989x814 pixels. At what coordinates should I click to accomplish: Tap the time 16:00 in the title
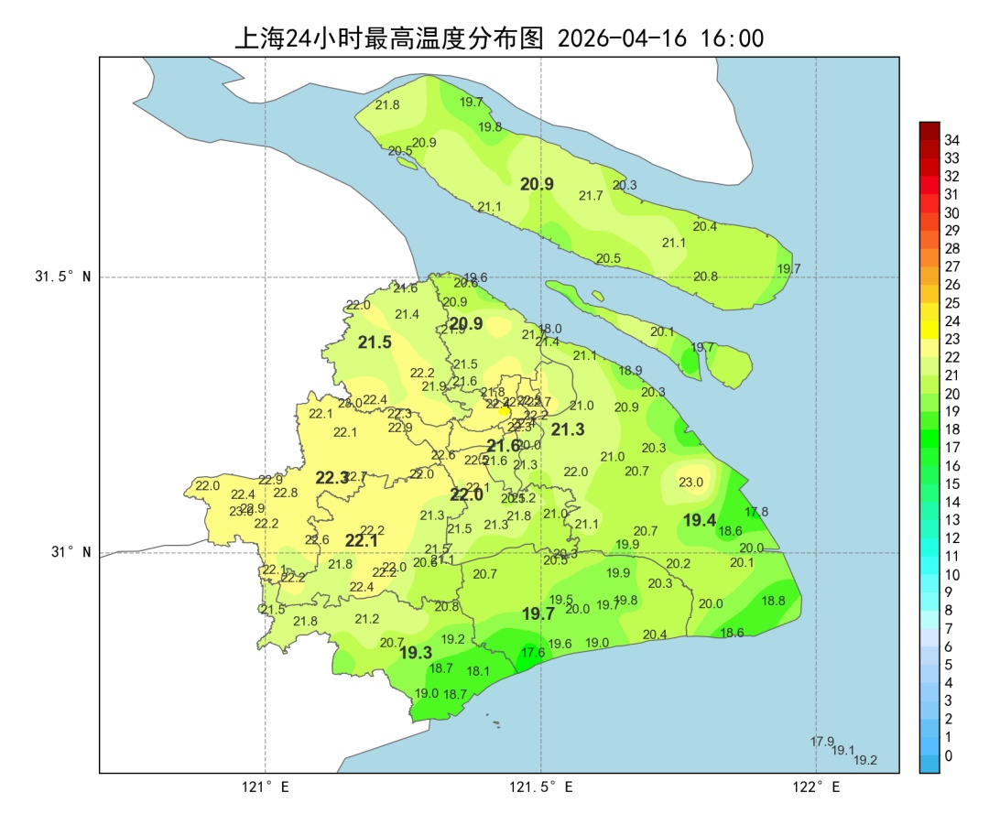[x=732, y=38]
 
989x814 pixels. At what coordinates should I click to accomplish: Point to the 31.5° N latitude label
[x=63, y=277]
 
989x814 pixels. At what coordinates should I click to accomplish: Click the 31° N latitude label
[x=70, y=552]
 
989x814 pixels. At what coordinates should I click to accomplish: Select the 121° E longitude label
[x=266, y=787]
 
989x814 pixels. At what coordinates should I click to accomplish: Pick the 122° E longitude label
[x=816, y=787]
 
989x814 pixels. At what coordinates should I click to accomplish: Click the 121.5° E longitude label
[x=541, y=787]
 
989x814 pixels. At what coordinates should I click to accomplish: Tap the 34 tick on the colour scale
[x=951, y=140]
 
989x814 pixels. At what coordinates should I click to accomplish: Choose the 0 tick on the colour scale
[x=948, y=755]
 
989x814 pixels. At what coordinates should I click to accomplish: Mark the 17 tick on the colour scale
[x=951, y=448]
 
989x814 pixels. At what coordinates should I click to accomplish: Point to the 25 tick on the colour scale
[x=951, y=303]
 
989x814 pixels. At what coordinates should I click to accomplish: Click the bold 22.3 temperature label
[x=331, y=478]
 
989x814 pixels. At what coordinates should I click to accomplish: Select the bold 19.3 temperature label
[x=416, y=653]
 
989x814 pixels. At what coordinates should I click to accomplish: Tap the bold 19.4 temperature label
[x=700, y=520]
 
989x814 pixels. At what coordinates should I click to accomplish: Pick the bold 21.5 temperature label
[x=375, y=342]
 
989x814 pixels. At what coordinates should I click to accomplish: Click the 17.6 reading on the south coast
[x=533, y=652]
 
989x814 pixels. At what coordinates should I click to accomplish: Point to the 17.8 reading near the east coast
[x=756, y=512]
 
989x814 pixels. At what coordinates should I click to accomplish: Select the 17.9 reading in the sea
[x=822, y=742]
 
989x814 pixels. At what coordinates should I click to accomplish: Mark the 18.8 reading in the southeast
[x=774, y=601]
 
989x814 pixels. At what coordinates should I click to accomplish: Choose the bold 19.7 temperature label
[x=538, y=614]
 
